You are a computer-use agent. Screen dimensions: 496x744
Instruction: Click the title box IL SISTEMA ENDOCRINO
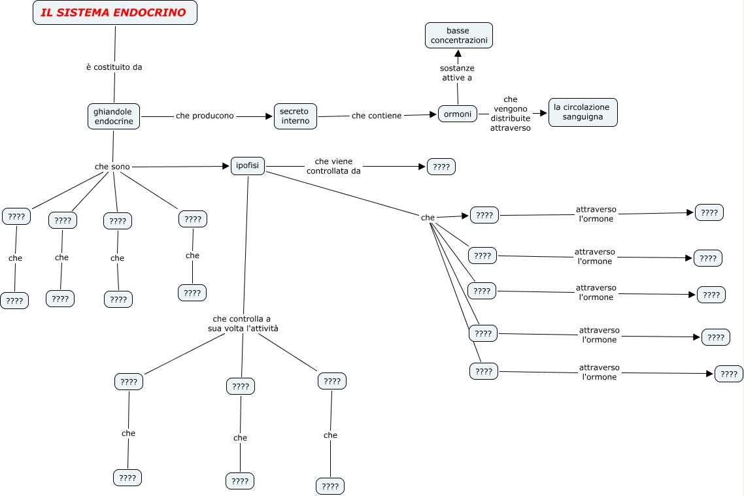tap(114, 13)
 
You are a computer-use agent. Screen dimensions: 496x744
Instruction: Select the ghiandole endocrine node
tap(114, 116)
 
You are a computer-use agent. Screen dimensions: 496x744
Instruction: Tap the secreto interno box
tap(295, 116)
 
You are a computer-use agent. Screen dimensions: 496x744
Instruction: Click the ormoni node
tap(458, 114)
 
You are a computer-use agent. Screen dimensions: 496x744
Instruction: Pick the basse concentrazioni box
tap(458, 35)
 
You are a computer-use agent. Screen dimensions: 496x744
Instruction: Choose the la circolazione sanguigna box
tap(583, 112)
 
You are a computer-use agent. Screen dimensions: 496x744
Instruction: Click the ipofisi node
tap(248, 166)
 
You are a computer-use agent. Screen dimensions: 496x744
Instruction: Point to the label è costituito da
tap(114, 67)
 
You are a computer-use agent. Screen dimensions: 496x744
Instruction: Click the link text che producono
tap(205, 116)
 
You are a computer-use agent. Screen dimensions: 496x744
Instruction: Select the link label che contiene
tap(377, 116)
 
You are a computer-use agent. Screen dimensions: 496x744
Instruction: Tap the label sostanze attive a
tap(457, 73)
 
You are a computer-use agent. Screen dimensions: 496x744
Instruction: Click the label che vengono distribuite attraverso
tap(511, 114)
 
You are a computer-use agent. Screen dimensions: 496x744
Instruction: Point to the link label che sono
tap(112, 167)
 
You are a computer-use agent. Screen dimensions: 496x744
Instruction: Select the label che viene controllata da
tap(333, 166)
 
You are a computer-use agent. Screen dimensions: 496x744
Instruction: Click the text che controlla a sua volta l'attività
tap(243, 324)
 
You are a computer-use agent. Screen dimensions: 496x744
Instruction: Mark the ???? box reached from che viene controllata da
tap(441, 167)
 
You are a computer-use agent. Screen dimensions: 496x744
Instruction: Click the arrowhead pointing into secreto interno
tap(268, 116)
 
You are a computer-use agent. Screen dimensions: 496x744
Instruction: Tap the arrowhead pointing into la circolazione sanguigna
tap(543, 113)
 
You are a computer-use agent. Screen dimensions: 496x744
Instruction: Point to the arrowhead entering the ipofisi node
tap(226, 167)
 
